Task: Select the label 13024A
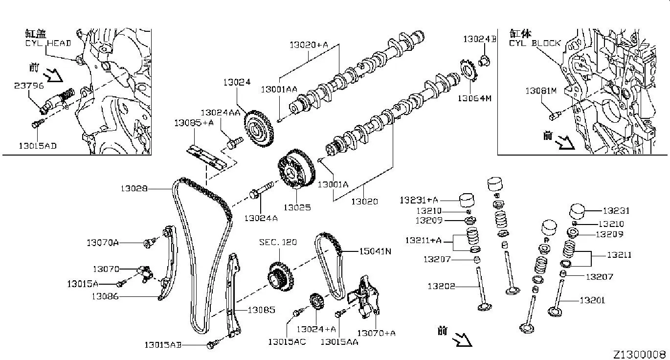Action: [x=261, y=218]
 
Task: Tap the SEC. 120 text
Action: [x=278, y=242]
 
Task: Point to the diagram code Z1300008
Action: [x=640, y=354]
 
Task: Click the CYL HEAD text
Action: [x=48, y=43]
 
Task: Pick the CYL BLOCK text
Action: [x=535, y=43]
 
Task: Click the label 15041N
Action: [x=376, y=251]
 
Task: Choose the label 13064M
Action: [x=474, y=98]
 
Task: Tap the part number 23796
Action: [x=29, y=85]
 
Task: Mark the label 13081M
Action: [x=541, y=90]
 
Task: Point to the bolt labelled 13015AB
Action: [x=212, y=344]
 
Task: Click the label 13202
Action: [x=442, y=286]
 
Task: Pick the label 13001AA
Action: [x=279, y=90]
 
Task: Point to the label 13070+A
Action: [x=376, y=333]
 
